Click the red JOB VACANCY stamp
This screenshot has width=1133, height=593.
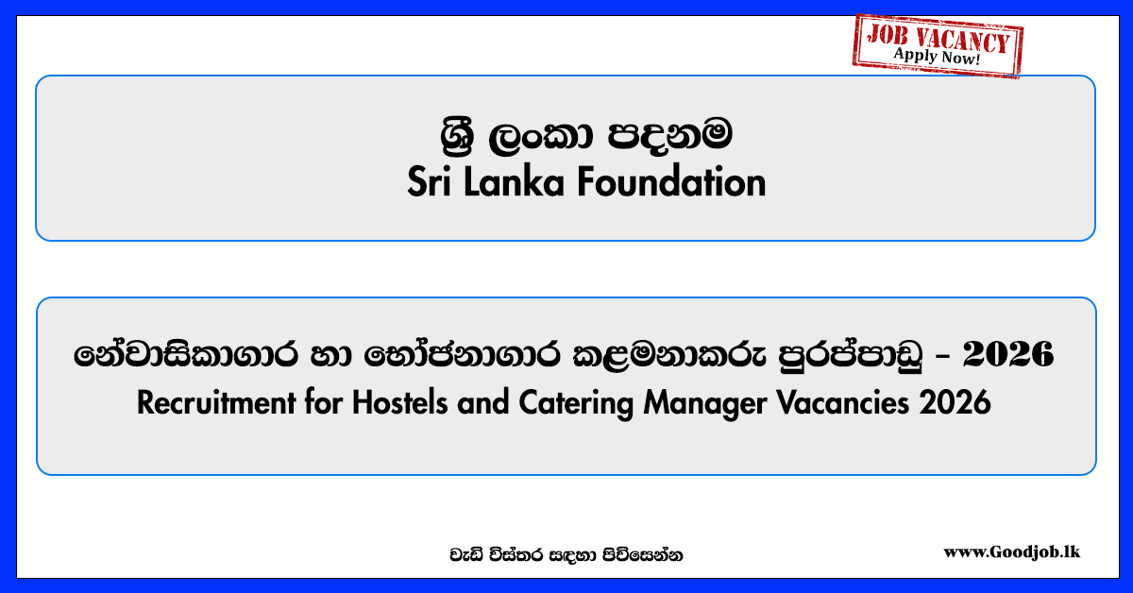tap(938, 45)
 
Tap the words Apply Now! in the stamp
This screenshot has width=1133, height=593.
tap(937, 56)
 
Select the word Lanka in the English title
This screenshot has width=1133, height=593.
tap(514, 181)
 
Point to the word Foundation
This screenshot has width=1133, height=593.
tap(671, 181)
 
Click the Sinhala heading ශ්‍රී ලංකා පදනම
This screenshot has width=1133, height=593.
tap(586, 135)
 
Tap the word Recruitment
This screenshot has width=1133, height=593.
tap(216, 403)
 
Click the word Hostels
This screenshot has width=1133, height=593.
tap(399, 403)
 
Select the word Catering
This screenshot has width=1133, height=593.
tap(576, 404)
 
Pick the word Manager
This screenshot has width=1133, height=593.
tap(704, 404)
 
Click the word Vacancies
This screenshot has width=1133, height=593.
tap(842, 403)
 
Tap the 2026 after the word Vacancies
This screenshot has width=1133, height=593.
tap(955, 403)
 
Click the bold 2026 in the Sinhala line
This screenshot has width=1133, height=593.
tap(1008, 354)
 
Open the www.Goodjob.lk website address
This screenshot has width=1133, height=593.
tap(1011, 552)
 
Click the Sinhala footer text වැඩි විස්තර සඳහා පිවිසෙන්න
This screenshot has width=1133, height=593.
tap(566, 555)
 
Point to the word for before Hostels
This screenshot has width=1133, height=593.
tap(323, 403)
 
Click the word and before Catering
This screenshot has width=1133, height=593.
tap(483, 403)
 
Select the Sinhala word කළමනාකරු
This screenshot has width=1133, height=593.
tap(669, 355)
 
